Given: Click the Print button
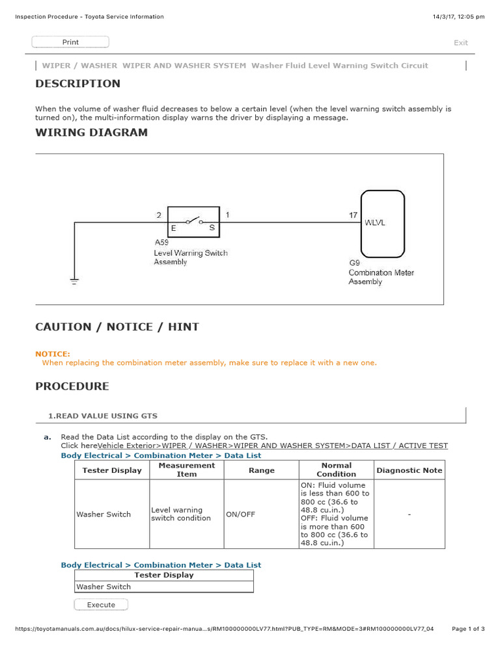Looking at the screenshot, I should pos(70,42).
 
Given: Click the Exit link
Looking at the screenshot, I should pos(460,43).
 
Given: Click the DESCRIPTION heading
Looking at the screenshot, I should pos(77,83).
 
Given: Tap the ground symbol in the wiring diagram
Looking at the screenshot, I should pos(74,280).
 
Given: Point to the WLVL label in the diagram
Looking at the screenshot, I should pos(375,222).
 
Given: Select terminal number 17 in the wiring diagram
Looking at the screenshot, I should pos(353,215).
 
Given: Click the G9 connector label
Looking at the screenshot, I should pos(354,263).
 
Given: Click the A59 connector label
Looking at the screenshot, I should pos(161,243).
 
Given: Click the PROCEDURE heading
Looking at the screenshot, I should pos(72,386).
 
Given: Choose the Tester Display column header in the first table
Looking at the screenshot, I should pos(112,470).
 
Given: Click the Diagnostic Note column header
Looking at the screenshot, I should pos(409,470).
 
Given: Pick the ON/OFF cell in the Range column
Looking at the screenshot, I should pos(240,514).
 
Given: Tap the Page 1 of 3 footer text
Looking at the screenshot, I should pos(467,629).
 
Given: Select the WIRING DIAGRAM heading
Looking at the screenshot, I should pos(91,133).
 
